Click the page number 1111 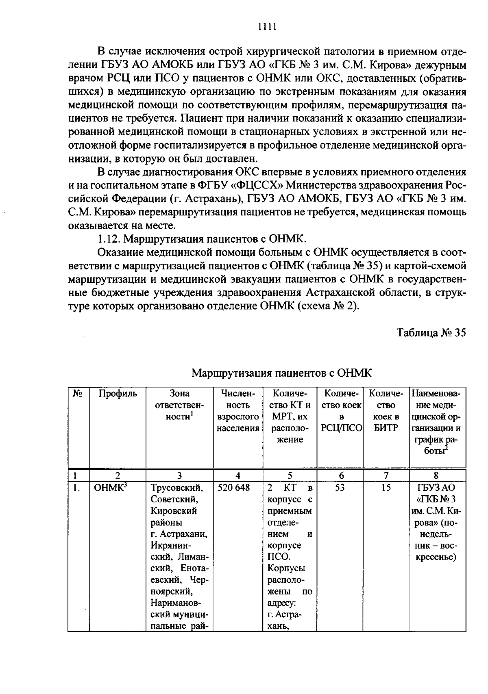[267, 27]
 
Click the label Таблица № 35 [431, 332]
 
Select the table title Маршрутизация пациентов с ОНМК [281, 373]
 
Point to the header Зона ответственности [179, 405]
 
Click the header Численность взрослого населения [237, 411]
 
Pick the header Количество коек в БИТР [386, 411]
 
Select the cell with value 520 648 [234, 488]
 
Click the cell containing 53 [340, 488]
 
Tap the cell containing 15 [386, 488]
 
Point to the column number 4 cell [237, 475]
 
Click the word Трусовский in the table [176, 488]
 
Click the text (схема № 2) [329, 306]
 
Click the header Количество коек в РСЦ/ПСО [342, 411]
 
